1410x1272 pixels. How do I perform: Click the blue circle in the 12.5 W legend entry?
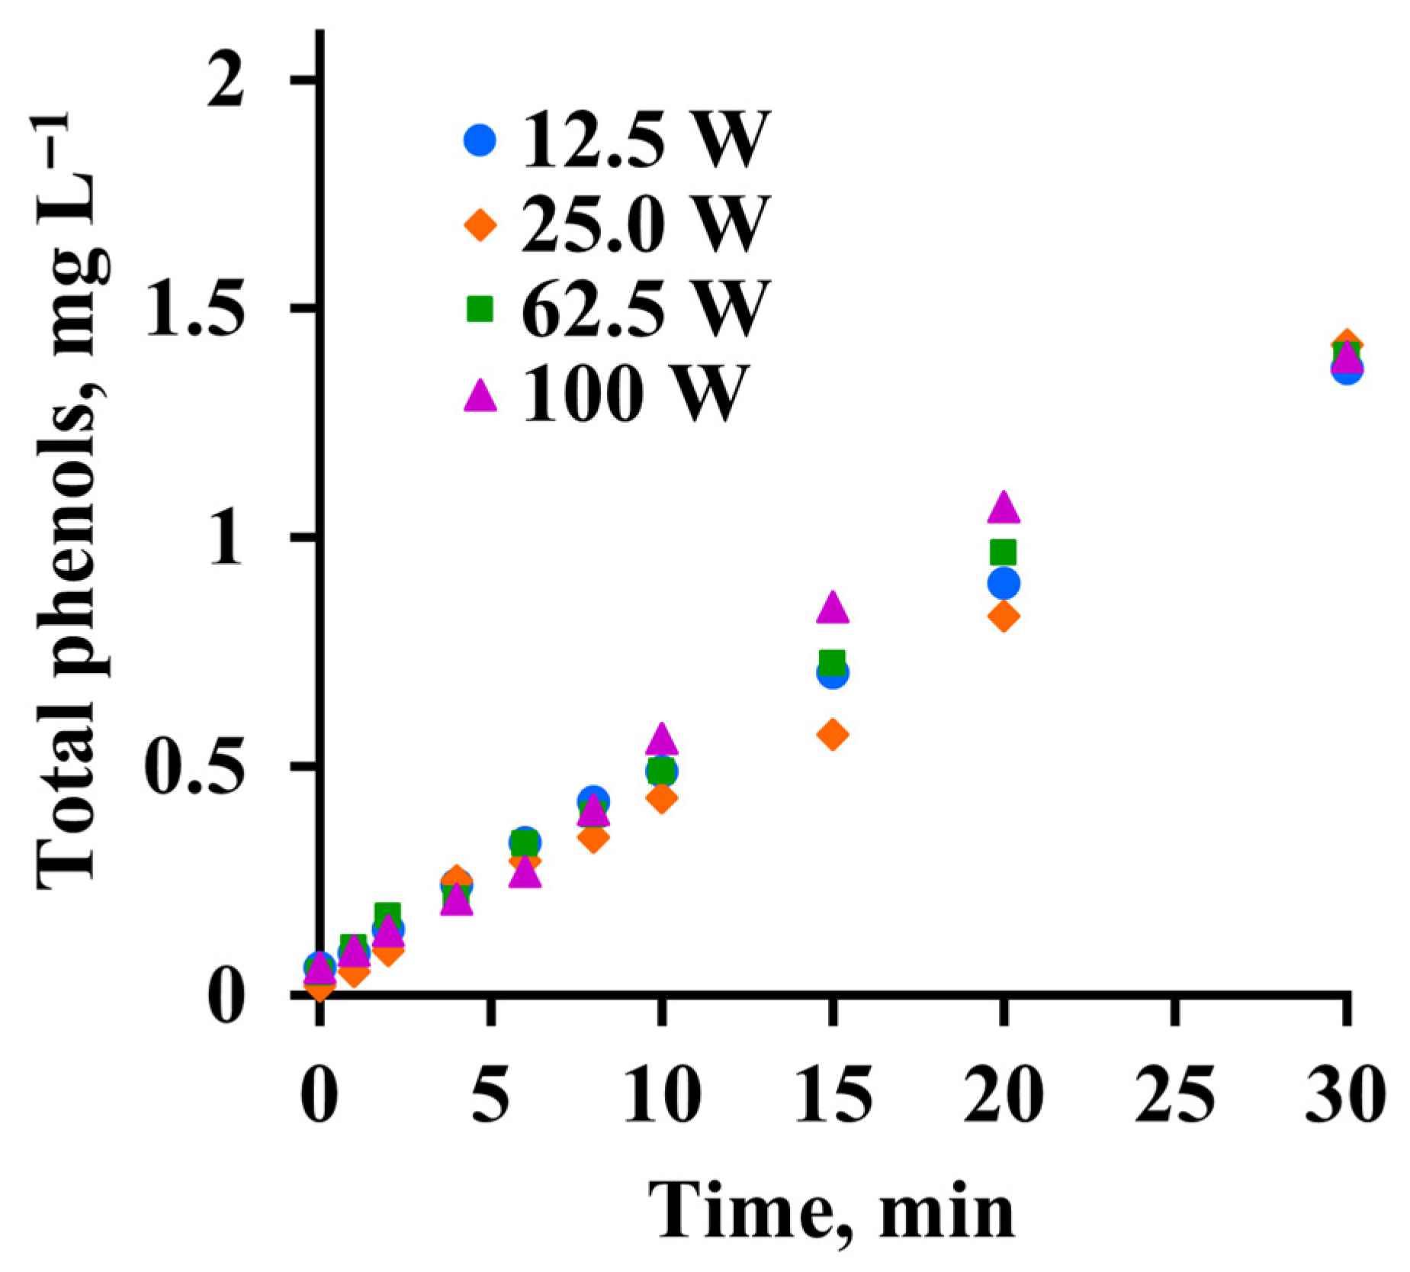(480, 140)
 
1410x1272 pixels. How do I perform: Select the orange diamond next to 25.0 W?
(480, 225)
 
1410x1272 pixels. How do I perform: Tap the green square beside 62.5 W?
(480, 309)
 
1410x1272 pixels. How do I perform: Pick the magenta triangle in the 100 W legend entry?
(480, 395)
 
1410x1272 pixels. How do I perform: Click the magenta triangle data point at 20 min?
(1004, 507)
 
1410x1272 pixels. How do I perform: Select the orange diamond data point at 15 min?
(833, 734)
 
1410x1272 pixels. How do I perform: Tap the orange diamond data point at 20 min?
(1004, 616)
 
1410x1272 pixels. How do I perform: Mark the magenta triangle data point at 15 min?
(833, 607)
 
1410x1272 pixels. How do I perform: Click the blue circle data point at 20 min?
(1004, 584)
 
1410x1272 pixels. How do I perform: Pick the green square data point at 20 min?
(1004, 552)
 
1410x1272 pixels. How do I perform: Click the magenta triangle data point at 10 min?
(661, 738)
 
